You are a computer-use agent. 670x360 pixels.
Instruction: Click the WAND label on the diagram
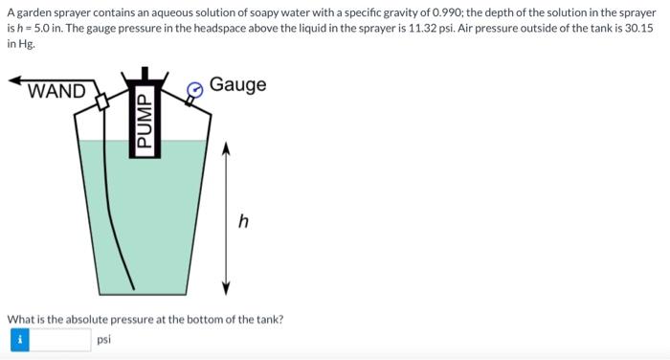(56, 92)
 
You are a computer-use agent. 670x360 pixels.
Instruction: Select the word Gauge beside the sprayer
(237, 85)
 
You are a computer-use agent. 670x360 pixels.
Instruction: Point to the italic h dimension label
(243, 221)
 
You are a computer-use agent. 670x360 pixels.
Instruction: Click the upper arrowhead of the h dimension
(227, 147)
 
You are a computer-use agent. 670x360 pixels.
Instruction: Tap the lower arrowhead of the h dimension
(227, 287)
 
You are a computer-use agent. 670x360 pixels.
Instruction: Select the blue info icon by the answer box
(18, 338)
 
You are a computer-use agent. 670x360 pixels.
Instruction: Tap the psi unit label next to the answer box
(104, 339)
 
